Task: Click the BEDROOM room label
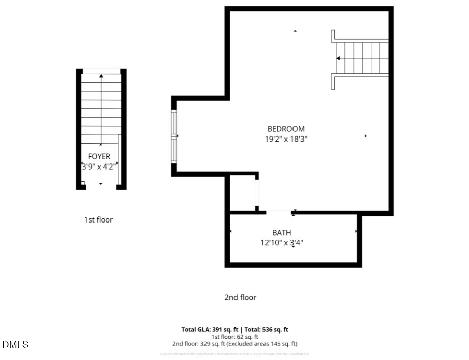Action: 286,129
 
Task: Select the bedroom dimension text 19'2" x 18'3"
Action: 286,139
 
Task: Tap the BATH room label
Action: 281,233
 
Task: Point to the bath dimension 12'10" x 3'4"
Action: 282,243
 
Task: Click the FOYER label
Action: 99,157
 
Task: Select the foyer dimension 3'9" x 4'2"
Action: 99,166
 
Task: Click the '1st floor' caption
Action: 98,220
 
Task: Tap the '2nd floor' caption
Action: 241,297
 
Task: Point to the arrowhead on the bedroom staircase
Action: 338,58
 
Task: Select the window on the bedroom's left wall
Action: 174,136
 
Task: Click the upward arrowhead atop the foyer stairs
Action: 101,76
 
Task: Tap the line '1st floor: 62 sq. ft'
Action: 234,337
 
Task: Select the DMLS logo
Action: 15,345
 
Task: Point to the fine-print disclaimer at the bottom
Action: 234,354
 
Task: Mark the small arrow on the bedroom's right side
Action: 366,136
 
